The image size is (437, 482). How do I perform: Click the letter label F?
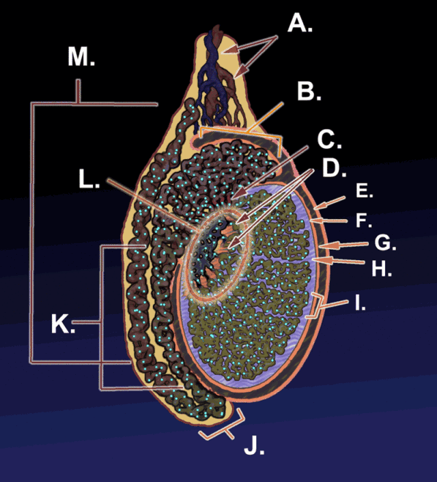(x=363, y=221)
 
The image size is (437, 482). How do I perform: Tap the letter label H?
(x=381, y=269)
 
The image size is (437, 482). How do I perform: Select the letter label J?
(x=253, y=447)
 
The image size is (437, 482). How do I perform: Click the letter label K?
(x=62, y=325)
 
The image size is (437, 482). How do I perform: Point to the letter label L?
(x=89, y=179)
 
